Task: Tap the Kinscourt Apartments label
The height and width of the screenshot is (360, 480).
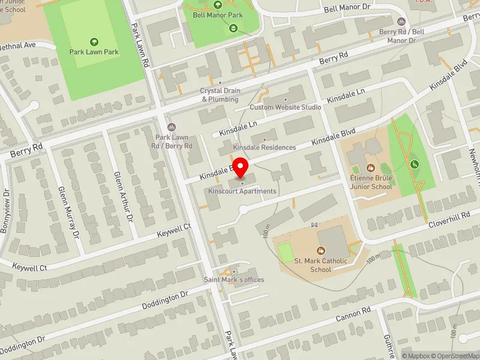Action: tap(242, 191)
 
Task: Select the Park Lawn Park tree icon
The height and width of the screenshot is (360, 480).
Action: tap(94, 42)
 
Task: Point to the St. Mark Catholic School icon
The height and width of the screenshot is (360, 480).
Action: tap(320, 250)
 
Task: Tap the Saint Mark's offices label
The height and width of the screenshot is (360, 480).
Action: tap(234, 280)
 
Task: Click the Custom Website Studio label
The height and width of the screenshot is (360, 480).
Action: tap(285, 107)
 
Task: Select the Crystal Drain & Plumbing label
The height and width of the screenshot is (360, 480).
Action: tap(220, 95)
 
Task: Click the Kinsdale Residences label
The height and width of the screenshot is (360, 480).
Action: tap(265, 147)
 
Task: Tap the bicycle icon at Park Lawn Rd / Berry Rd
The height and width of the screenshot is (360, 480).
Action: tap(172, 127)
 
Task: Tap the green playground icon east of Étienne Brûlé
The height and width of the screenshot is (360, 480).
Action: tap(413, 164)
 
